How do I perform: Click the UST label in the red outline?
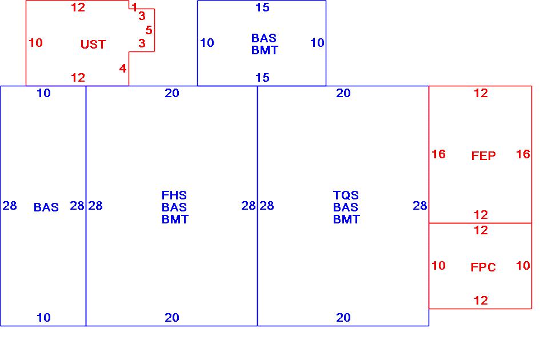tap(93, 45)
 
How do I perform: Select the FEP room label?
tap(483, 155)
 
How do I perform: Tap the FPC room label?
tap(483, 267)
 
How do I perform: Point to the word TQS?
tap(346, 195)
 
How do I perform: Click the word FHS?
tap(174, 195)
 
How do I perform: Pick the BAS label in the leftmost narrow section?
tap(46, 207)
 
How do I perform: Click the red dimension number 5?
tap(149, 30)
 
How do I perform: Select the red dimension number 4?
tap(123, 69)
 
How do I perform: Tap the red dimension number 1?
tap(134, 7)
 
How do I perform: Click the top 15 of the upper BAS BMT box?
tap(262, 7)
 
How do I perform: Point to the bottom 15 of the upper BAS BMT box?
tap(262, 78)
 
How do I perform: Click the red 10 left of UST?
tap(35, 43)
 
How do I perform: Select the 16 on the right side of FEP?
tap(523, 154)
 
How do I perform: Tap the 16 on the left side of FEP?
tap(438, 154)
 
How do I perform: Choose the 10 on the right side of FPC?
tap(523, 266)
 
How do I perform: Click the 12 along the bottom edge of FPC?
tap(481, 301)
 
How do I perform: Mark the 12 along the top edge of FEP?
tap(481, 93)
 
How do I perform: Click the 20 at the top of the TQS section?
tap(343, 93)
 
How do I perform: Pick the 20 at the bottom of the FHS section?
tap(172, 318)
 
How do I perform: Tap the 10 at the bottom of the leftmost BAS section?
tap(43, 318)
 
